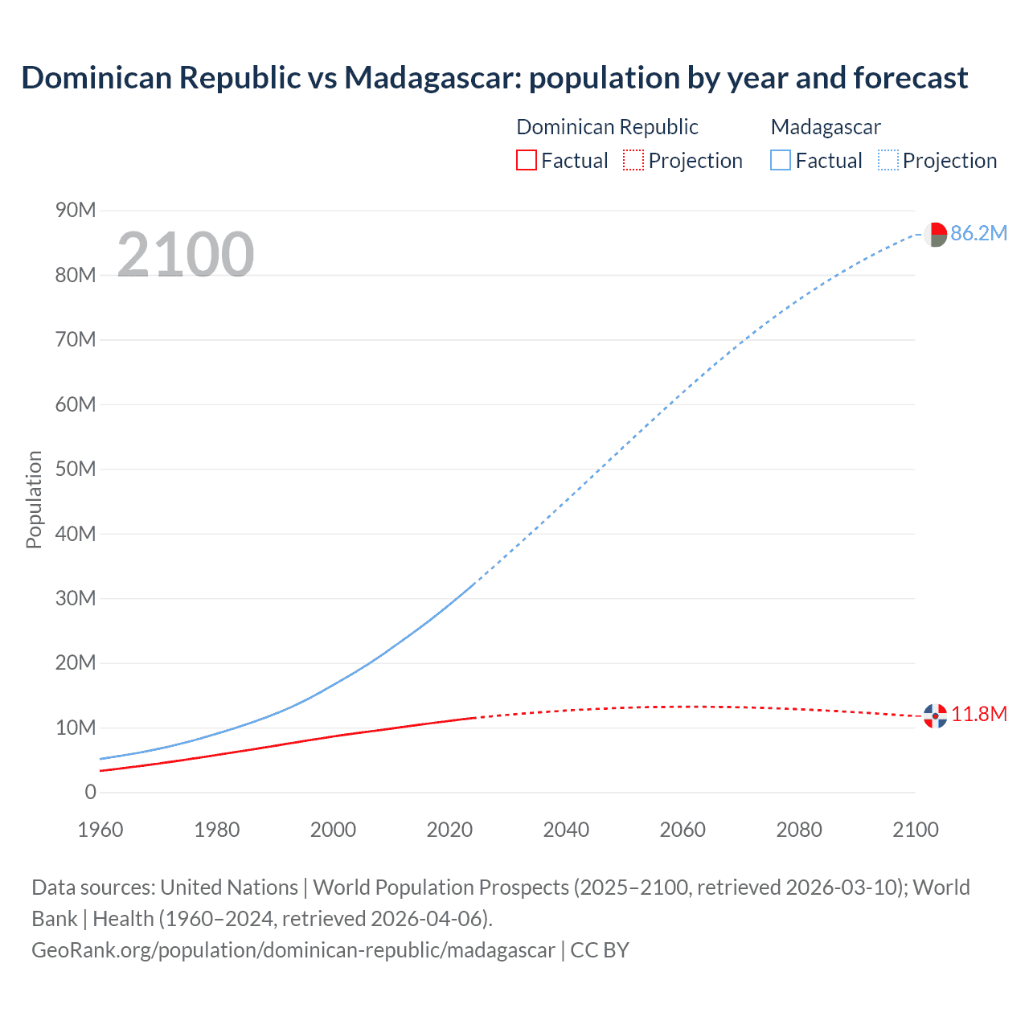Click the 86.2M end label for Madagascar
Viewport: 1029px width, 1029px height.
coord(978,233)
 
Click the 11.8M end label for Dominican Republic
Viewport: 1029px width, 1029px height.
coord(978,714)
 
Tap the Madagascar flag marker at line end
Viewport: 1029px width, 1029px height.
coord(935,234)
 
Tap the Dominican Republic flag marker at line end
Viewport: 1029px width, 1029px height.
coord(935,715)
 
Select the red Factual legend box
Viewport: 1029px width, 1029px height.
coord(526,160)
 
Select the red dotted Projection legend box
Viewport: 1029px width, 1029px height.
coord(633,160)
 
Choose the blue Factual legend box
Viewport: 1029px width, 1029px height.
coord(781,160)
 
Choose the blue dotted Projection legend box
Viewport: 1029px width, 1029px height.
coord(888,160)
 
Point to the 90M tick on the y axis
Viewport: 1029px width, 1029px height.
coord(76,211)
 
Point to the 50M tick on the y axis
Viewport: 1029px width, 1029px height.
coord(76,469)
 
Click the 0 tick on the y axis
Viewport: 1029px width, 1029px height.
coord(90,792)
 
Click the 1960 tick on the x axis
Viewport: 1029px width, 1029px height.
coord(100,830)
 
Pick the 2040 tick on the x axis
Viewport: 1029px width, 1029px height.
coord(566,830)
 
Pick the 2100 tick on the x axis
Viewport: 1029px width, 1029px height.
coord(915,830)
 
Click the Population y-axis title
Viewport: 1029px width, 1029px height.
coord(34,499)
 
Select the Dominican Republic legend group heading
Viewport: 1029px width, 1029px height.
coord(607,127)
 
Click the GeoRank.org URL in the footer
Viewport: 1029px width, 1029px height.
coord(293,949)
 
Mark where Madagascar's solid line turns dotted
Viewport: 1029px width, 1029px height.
coord(474,584)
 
